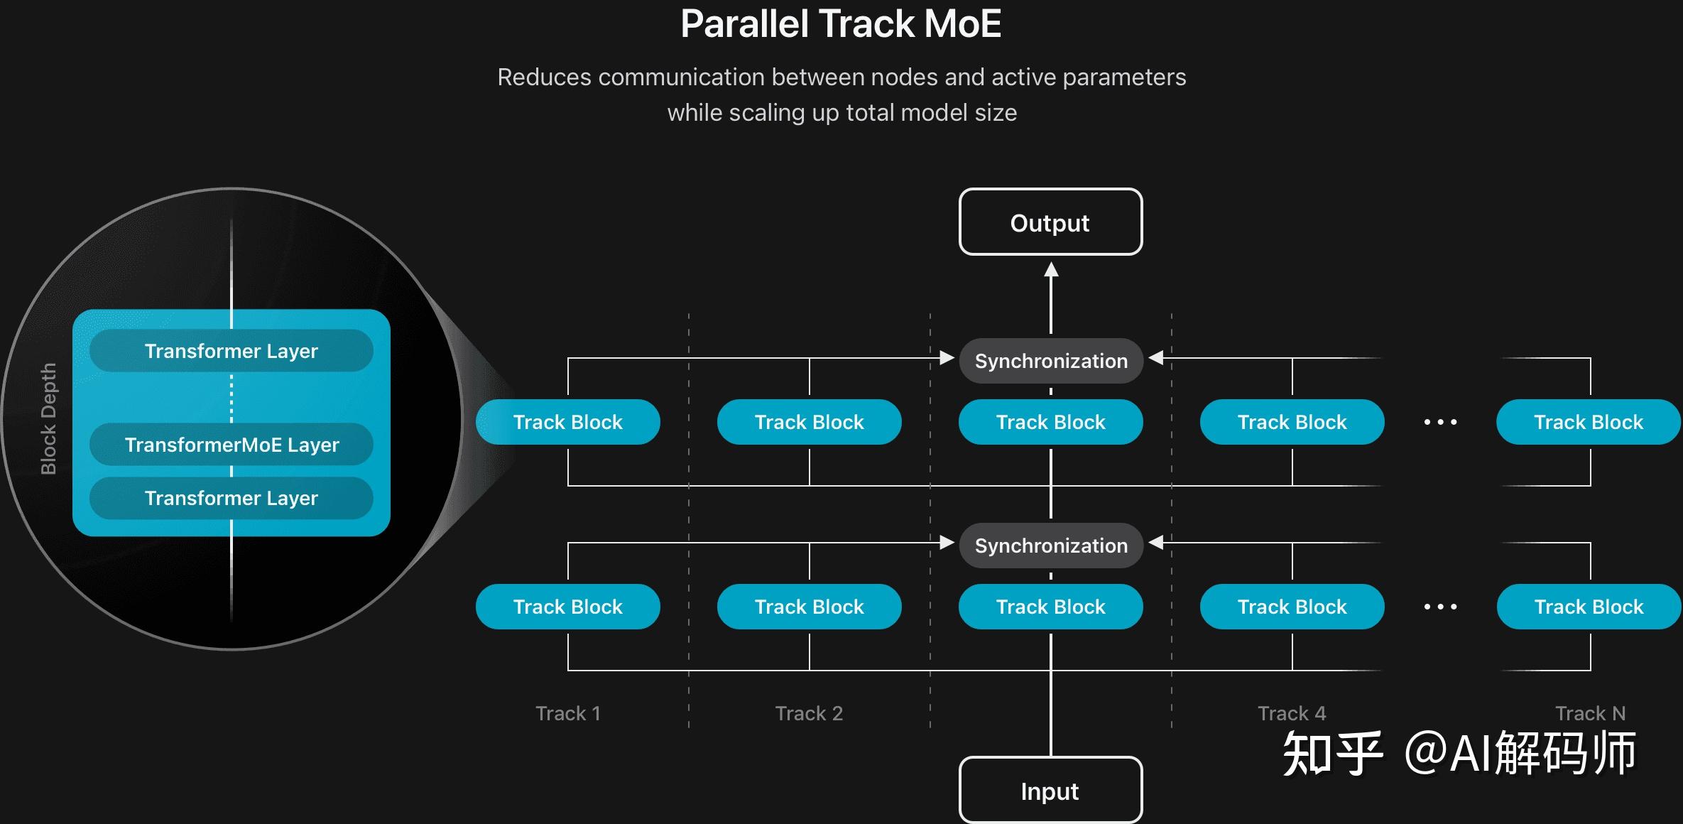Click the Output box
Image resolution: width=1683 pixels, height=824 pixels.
pos(1050,222)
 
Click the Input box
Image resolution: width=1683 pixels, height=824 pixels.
pos(1050,791)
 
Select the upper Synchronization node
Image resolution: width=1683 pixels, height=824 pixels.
pos(1051,361)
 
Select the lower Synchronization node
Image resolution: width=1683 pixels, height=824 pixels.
pos(1051,546)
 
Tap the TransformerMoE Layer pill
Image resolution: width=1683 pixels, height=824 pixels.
pos(232,445)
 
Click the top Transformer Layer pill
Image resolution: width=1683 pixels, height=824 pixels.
pos(232,351)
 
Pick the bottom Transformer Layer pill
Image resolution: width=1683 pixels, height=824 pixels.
pos(232,498)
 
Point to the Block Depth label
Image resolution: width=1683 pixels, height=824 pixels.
pos(48,419)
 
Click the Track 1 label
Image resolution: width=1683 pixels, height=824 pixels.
pos(568,713)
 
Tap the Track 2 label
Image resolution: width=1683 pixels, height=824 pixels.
pos(809,713)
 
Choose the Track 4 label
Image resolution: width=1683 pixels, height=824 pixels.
pos(1292,713)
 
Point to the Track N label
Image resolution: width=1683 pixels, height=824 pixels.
pos(1590,713)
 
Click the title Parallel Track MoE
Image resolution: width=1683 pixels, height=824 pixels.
pos(841,24)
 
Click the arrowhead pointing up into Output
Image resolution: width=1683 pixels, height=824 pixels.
pos(1051,270)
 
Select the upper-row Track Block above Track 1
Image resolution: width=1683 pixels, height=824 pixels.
pos(568,422)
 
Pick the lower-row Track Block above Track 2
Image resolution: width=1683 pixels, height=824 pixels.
pos(810,607)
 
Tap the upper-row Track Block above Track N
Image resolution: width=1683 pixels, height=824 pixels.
pos(1589,422)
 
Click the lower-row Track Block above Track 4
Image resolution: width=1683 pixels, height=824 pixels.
pos(1292,607)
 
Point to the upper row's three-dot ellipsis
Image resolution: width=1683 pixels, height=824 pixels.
pos(1440,422)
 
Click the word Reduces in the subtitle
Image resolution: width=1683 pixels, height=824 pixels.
pos(544,77)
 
